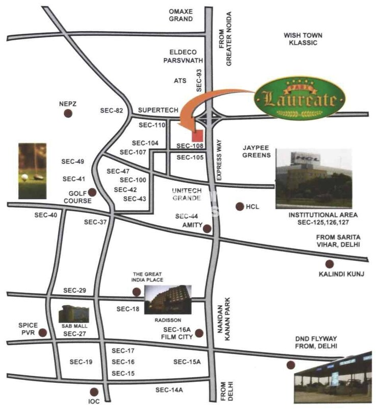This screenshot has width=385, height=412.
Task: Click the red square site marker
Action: (x=197, y=136)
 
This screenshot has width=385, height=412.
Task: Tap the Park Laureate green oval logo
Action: (x=297, y=98)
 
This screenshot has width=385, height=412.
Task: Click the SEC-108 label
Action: (x=190, y=146)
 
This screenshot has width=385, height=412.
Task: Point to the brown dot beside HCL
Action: (x=239, y=207)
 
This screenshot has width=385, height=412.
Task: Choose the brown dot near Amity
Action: (x=208, y=228)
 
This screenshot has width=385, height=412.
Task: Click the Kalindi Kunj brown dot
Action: (x=329, y=264)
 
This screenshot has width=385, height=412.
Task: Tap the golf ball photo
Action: (x=32, y=171)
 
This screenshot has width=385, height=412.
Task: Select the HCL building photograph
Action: (x=313, y=178)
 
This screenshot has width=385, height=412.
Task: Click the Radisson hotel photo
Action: (x=168, y=299)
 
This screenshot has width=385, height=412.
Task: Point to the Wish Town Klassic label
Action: (x=300, y=39)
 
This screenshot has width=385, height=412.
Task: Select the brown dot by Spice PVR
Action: (x=43, y=333)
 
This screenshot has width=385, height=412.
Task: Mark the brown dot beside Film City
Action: (x=199, y=333)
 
